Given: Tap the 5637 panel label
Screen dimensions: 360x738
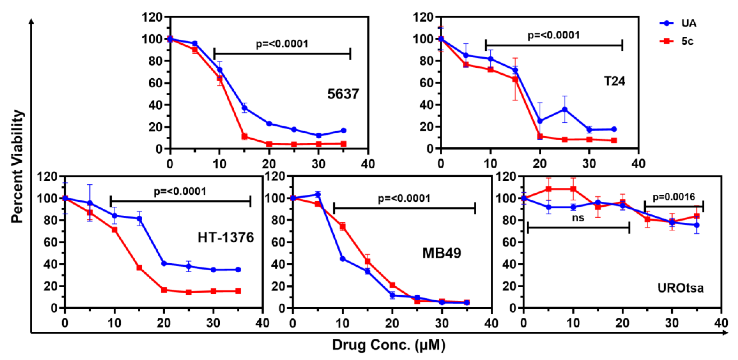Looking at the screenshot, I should (343, 94).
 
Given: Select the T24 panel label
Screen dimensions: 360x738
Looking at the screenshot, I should (614, 81).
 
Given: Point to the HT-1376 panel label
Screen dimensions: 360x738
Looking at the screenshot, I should (226, 238).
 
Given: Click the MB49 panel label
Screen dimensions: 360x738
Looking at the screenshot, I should (441, 253).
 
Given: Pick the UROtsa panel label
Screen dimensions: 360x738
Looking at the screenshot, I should (680, 288).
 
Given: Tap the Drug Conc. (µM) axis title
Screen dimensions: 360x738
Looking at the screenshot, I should (389, 345).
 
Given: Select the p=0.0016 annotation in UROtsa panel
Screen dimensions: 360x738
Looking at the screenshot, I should (674, 197).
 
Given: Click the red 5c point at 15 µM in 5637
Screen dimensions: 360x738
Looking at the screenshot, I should (244, 136).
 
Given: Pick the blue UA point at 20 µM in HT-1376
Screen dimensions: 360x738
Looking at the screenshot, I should (164, 263).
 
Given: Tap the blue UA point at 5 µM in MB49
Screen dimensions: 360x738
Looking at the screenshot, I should (318, 195).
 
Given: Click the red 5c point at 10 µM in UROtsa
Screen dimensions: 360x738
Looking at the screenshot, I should (573, 189).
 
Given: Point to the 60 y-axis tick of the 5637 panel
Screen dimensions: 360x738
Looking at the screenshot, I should (155, 83).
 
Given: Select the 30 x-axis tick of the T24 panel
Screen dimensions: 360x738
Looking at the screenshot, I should (589, 164).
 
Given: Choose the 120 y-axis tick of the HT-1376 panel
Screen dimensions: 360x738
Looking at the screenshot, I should (47, 176).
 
